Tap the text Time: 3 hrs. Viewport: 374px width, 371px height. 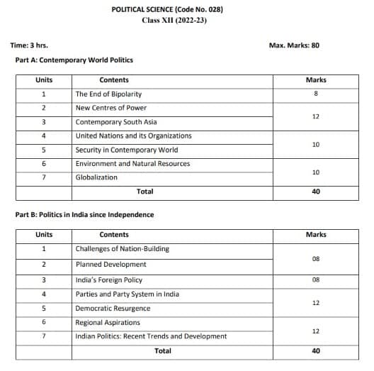(29, 45)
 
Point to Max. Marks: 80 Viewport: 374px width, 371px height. (295, 45)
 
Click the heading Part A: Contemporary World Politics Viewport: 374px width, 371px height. (74, 60)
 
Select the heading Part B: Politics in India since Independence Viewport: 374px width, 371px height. (84, 214)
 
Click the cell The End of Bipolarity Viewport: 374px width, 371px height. (108, 94)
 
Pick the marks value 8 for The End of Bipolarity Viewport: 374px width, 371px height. (315, 94)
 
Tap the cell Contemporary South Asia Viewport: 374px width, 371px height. (116, 122)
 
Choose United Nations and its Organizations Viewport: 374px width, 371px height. (133, 135)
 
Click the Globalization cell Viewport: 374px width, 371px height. (96, 177)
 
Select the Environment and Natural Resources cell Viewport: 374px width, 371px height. (132, 163)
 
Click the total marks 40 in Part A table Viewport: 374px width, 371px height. (315, 192)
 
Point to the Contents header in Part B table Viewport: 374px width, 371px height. (114, 235)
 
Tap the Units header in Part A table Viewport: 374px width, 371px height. (44, 80)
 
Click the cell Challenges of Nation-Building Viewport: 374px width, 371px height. (122, 249)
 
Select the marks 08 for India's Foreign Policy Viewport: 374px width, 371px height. (315, 280)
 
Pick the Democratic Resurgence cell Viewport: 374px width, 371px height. (113, 309)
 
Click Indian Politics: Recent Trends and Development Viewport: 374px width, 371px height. (151, 336)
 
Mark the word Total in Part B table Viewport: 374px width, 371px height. (163, 350)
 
